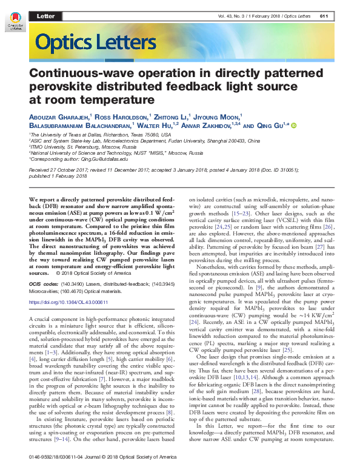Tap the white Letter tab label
(46, 15)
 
